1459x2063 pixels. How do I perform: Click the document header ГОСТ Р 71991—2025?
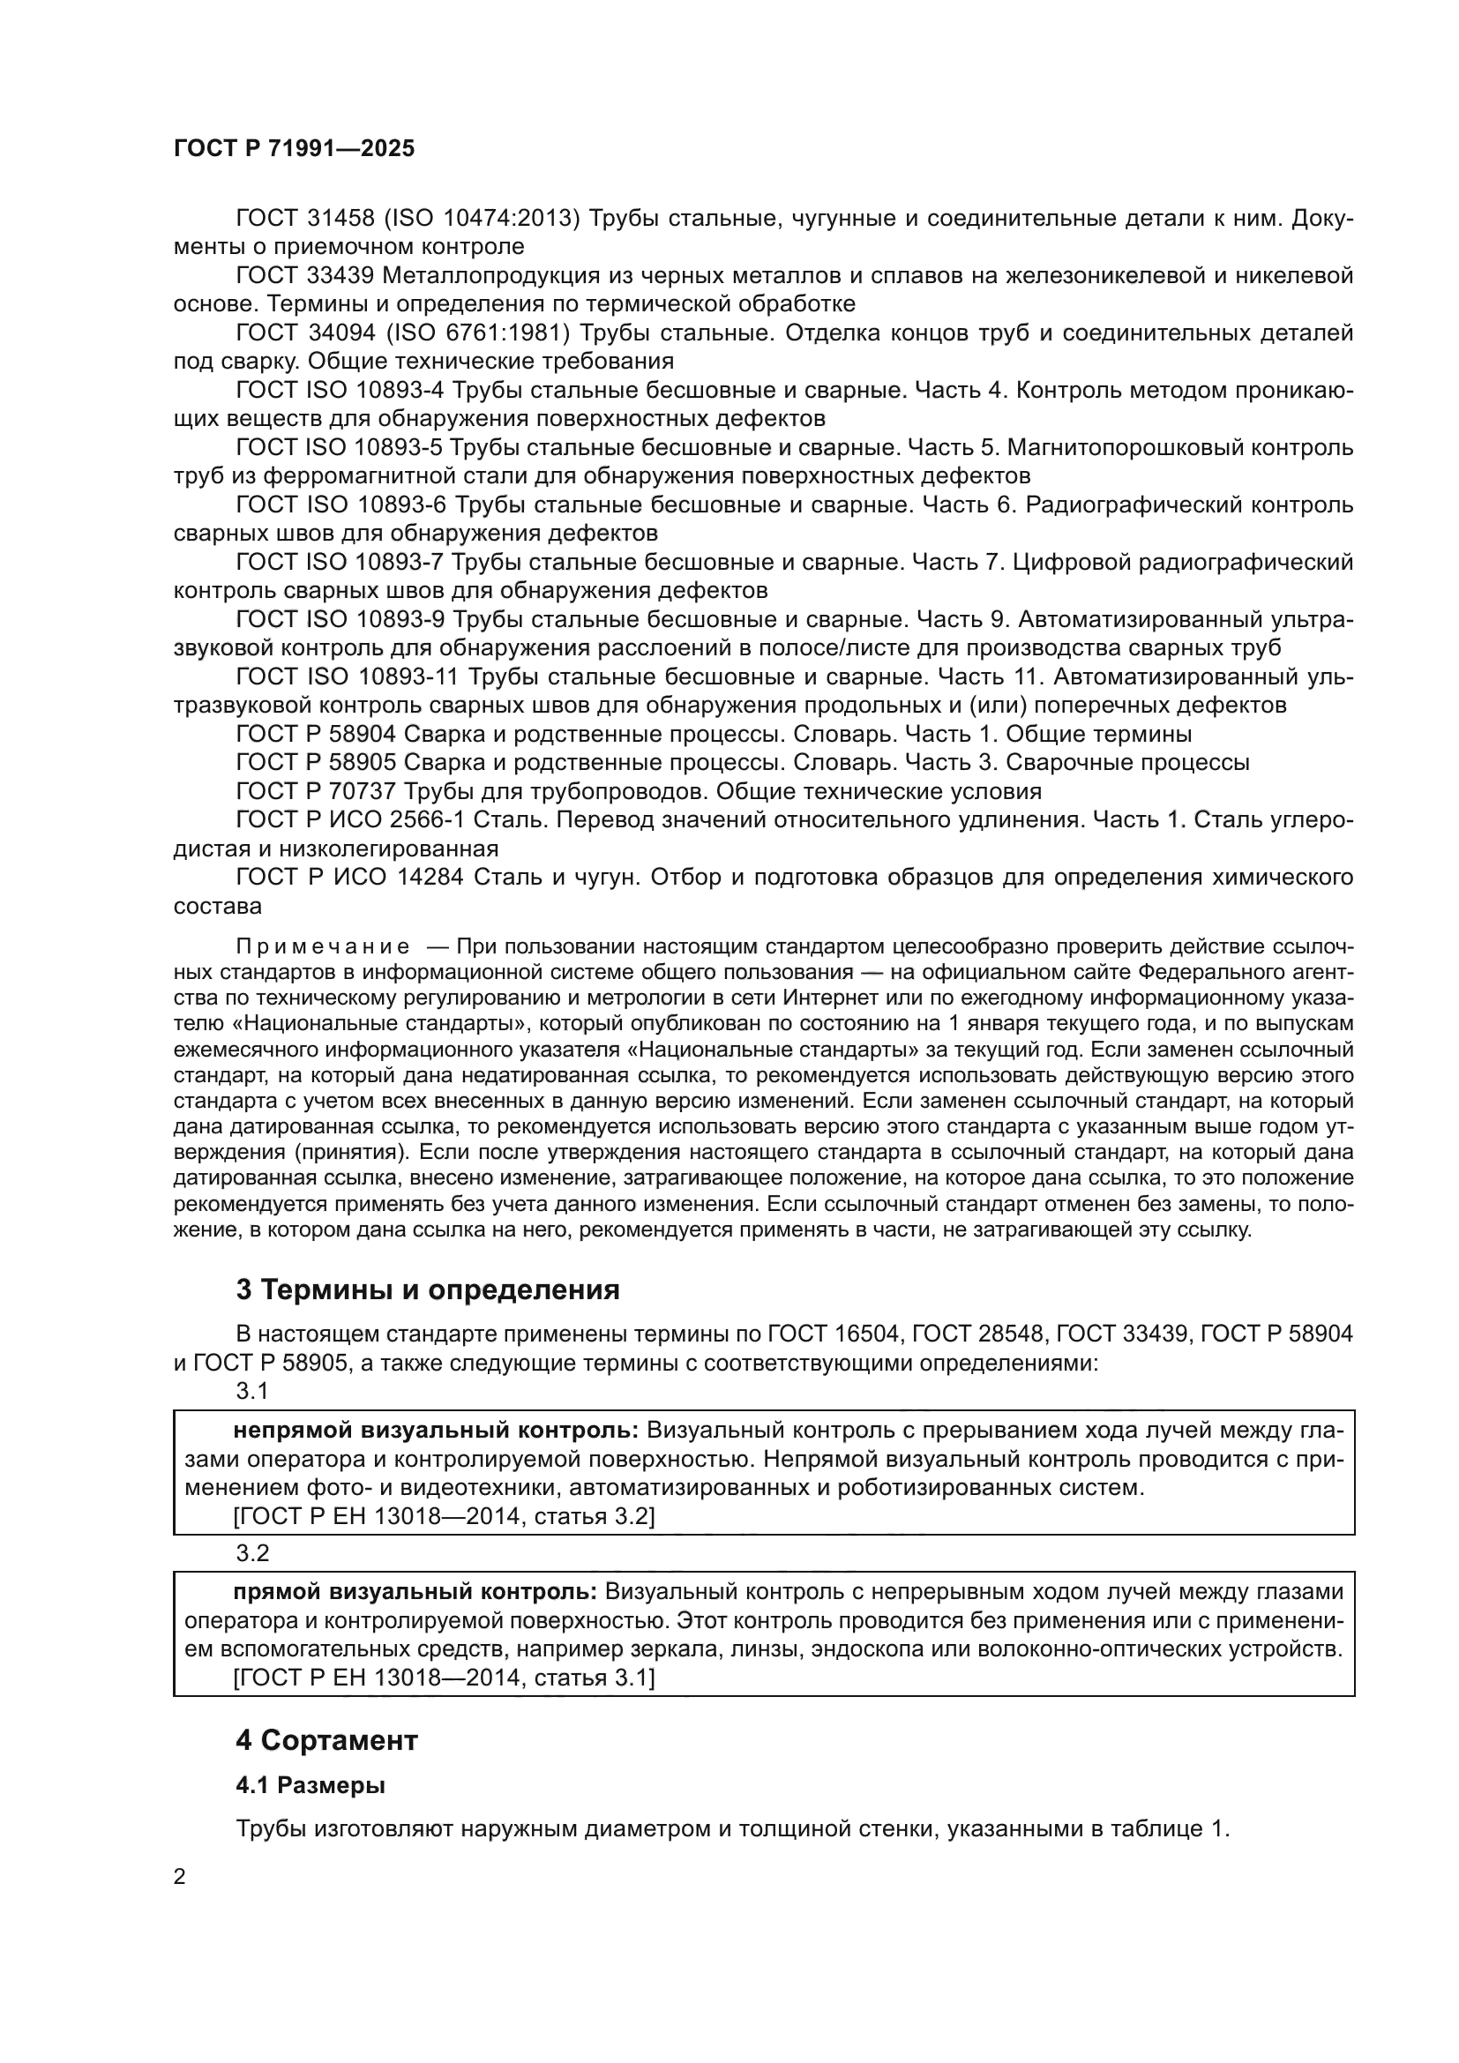[294, 149]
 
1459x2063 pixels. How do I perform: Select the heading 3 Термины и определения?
[428, 1289]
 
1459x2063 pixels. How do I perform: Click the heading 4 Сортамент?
[327, 1740]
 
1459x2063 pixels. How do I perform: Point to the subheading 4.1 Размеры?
[311, 1785]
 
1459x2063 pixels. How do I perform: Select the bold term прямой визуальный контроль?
[415, 1592]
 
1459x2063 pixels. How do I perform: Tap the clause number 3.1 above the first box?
[252, 1391]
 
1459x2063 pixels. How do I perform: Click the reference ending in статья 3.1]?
[444, 1678]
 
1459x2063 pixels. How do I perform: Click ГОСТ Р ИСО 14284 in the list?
[349, 877]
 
